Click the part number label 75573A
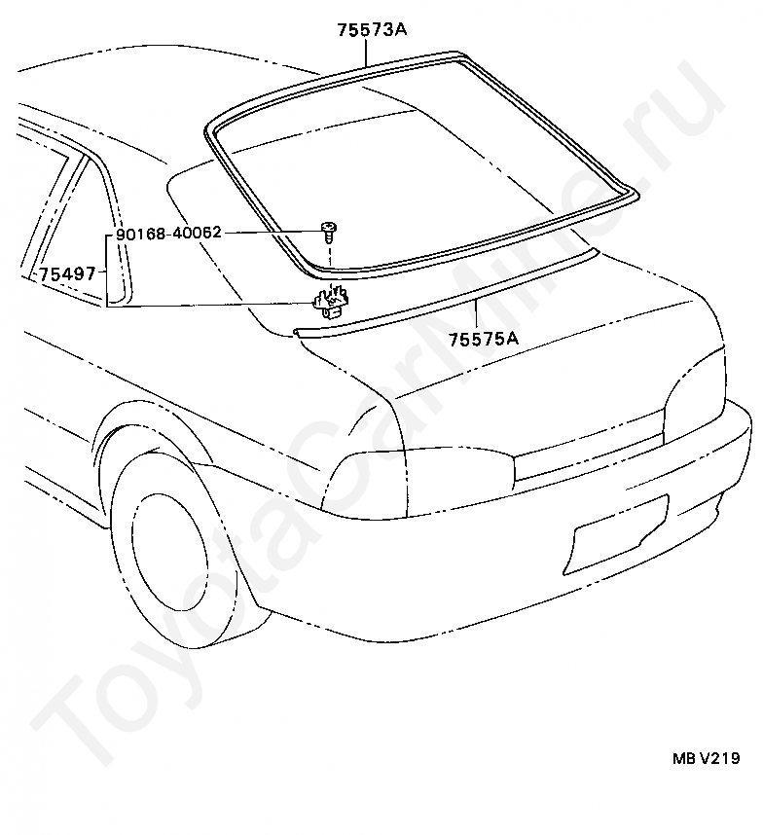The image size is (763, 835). pos(371,29)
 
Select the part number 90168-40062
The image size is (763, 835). pos(168,234)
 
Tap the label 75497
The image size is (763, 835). pos(67,273)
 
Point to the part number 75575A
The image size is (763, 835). pos(483,339)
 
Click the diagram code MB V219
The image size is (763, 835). pos(702,759)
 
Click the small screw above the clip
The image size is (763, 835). pos(331,232)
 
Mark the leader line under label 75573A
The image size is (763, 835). pos(368,51)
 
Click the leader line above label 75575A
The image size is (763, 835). pos(477,315)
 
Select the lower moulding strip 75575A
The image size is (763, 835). pos(438,299)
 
